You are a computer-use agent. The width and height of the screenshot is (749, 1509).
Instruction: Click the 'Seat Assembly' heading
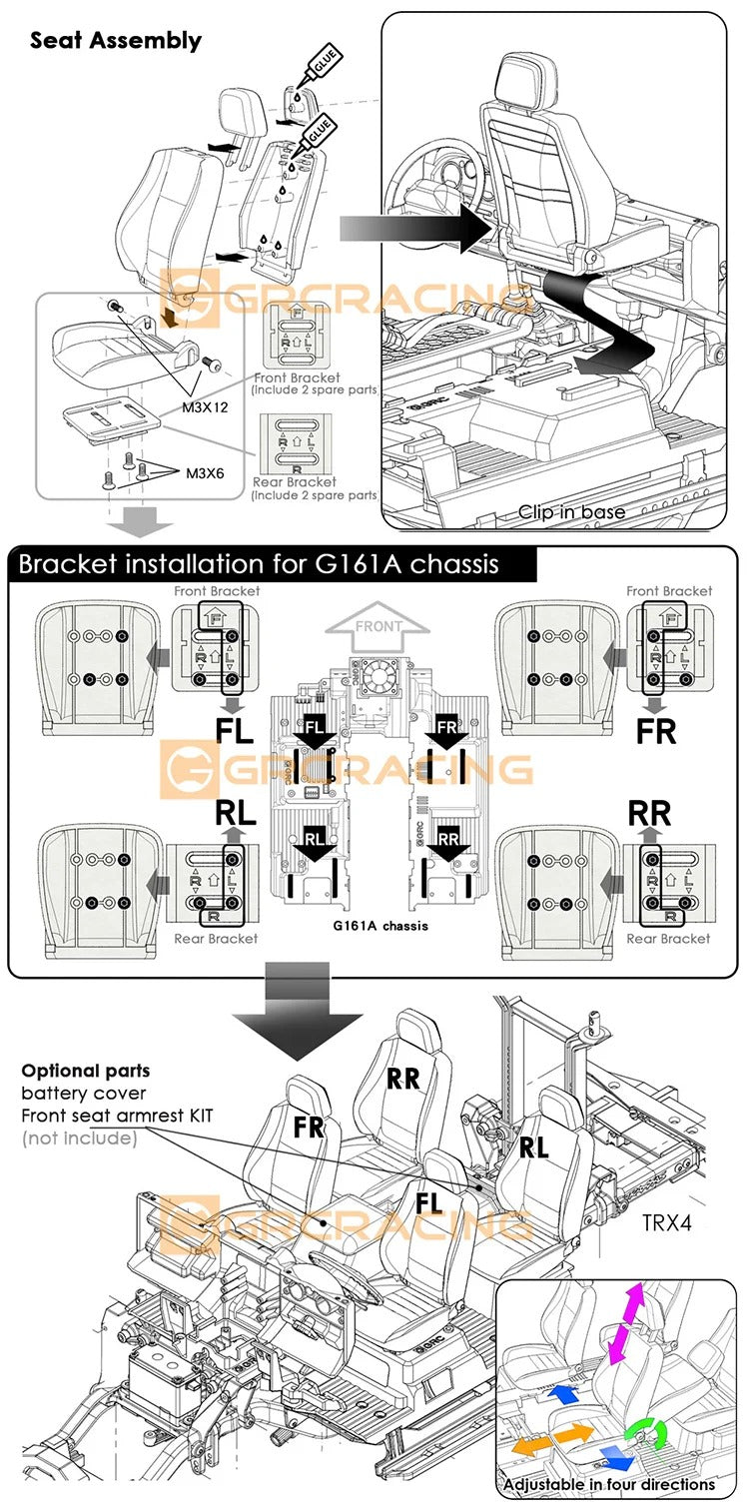point(116,41)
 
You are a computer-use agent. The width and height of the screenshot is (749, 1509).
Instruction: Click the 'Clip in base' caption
point(571,512)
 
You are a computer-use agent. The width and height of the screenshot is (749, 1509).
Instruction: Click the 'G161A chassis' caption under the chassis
point(379,926)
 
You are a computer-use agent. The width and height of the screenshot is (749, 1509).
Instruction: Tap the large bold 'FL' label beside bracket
point(234,730)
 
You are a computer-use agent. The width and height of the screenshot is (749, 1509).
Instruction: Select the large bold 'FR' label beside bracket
point(657,731)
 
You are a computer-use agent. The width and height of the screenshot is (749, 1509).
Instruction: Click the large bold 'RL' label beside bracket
point(236,814)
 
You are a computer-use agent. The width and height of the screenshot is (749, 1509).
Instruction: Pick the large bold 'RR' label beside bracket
point(650,814)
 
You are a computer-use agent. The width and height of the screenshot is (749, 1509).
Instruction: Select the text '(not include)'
point(79,1137)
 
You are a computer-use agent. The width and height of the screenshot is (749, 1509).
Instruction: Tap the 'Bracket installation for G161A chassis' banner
point(258,564)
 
